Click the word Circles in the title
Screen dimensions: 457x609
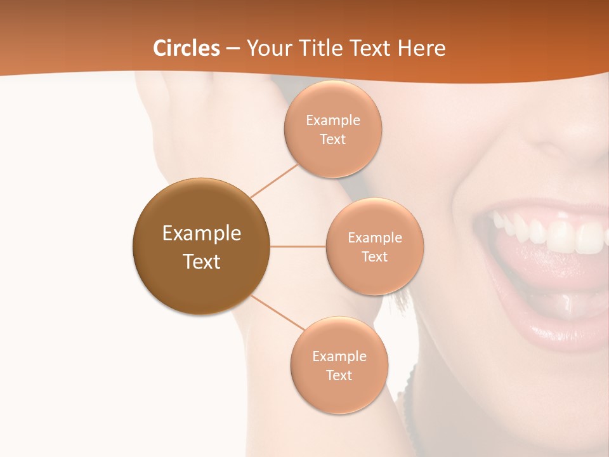coord(186,48)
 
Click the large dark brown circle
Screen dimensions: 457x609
coord(201,246)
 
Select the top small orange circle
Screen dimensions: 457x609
coord(332,129)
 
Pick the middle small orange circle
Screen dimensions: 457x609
coord(374,246)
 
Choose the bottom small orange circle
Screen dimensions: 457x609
coord(339,365)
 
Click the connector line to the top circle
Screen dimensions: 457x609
coord(274,180)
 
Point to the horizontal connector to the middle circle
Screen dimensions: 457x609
coord(298,246)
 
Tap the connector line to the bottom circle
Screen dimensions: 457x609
coord(277,313)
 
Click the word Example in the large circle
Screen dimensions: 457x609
coord(201,234)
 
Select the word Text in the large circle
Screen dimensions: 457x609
coord(201,262)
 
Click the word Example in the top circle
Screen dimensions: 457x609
coord(332,120)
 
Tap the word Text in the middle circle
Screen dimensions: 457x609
coord(374,256)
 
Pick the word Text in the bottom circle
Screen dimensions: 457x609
coord(339,375)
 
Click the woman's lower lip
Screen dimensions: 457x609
coord(558,333)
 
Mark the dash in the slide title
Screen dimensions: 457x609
coord(233,49)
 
